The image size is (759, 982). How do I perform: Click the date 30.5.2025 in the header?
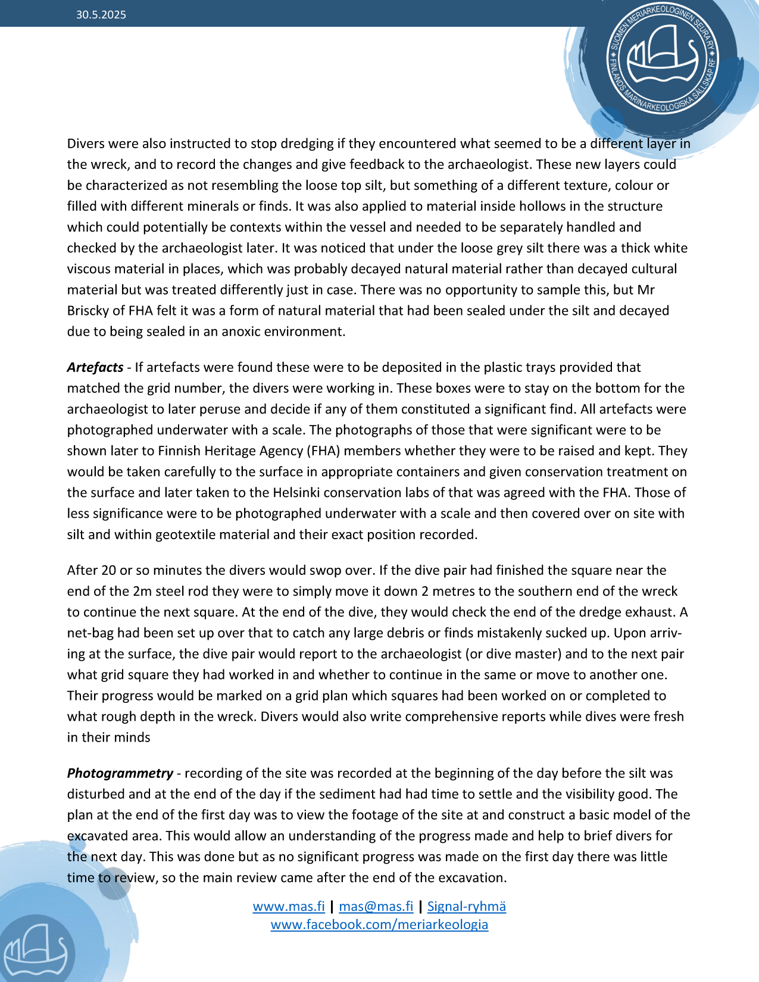(101, 15)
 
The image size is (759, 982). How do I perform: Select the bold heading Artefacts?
(95, 367)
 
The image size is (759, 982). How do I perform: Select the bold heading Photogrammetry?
(120, 773)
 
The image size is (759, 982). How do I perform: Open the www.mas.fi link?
(289, 906)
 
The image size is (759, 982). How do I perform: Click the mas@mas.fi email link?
(376, 906)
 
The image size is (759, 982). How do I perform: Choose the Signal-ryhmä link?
(467, 906)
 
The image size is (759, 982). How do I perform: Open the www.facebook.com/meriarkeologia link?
(379, 924)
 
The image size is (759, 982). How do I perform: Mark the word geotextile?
(185, 534)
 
